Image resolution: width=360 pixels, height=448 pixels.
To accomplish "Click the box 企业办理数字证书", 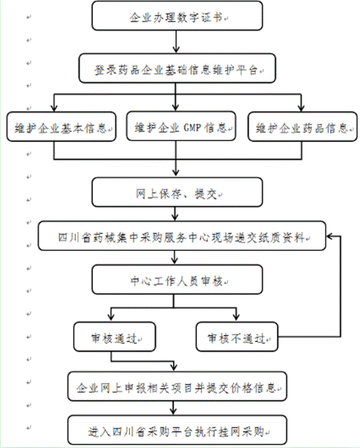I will click(x=177, y=17).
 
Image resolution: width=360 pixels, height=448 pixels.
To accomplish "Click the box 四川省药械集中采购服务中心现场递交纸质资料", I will click(x=181, y=237).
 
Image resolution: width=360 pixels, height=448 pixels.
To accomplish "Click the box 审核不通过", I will click(x=237, y=337).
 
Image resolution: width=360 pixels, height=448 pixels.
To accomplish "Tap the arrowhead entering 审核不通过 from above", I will click(x=237, y=319).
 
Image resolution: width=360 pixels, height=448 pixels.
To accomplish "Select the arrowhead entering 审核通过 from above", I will click(x=110, y=319).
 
